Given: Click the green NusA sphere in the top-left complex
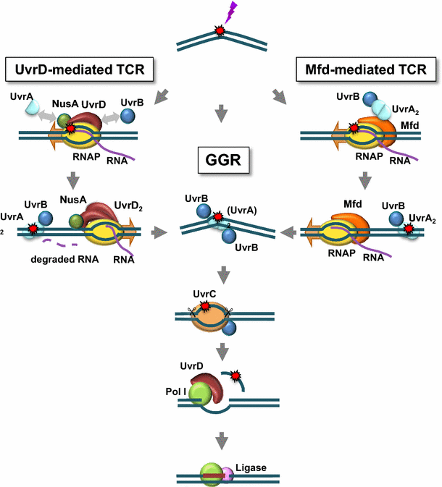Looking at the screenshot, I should (64, 120).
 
